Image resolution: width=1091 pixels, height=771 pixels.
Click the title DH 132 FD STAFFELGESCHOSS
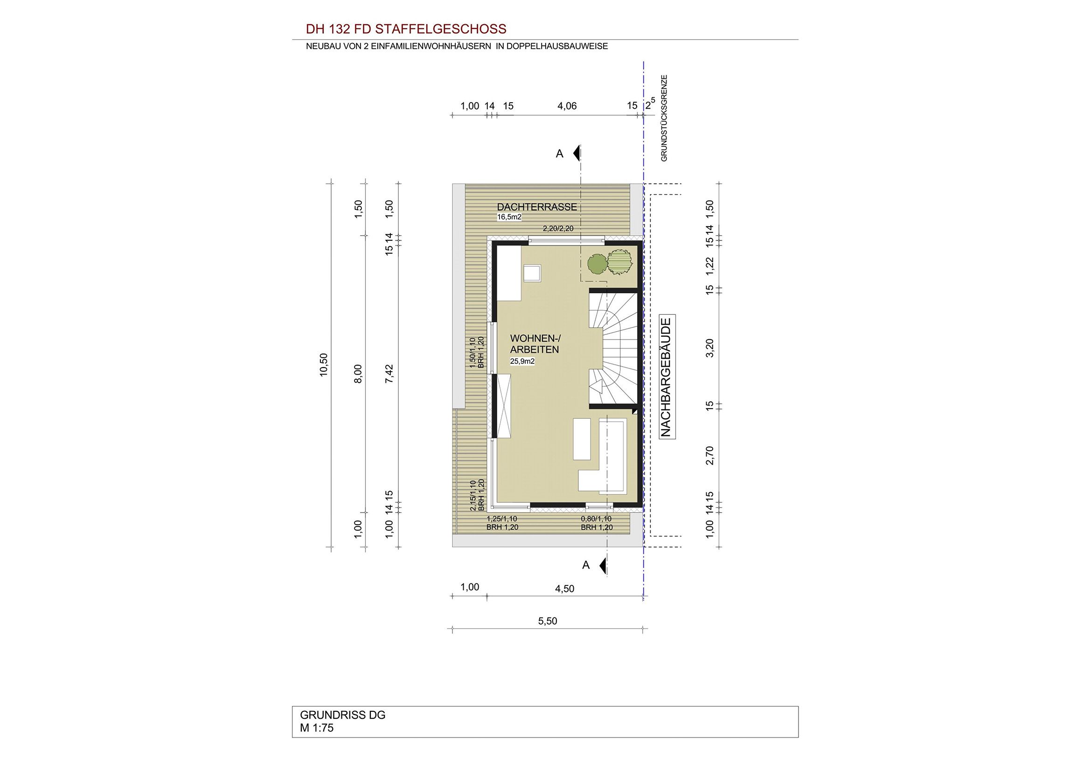tap(406, 29)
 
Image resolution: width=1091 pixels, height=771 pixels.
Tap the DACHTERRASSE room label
tap(537, 207)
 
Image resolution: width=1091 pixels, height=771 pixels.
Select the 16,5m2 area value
tap(509, 217)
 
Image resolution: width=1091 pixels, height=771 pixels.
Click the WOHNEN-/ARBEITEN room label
tap(535, 344)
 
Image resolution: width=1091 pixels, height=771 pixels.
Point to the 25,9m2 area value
tap(523, 361)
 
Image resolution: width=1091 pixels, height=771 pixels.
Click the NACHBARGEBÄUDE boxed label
tap(667, 377)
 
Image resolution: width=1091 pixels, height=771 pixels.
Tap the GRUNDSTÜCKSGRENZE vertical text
tap(664, 118)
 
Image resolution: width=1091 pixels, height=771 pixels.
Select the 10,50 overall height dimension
tap(324, 365)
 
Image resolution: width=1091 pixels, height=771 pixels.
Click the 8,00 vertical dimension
tap(358, 374)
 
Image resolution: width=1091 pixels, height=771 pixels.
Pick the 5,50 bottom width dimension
tap(548, 621)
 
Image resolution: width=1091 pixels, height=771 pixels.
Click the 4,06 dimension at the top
tap(567, 106)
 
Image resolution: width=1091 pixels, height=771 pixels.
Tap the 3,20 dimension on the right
tap(710, 348)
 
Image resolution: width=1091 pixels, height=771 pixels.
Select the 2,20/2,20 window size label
tap(558, 229)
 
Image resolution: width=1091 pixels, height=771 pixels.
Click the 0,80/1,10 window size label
tap(597, 519)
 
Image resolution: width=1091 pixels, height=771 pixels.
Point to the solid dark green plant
tap(597, 264)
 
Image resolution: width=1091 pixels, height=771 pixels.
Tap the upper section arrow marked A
tap(577, 153)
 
